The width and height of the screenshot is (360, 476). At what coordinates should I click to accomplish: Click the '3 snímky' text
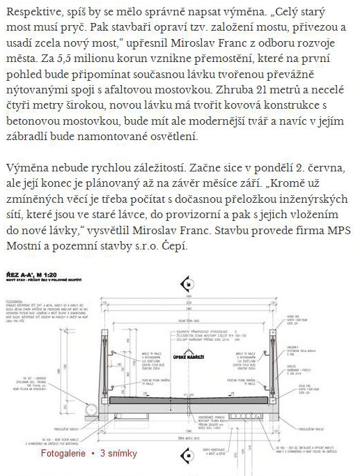coord(118,454)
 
